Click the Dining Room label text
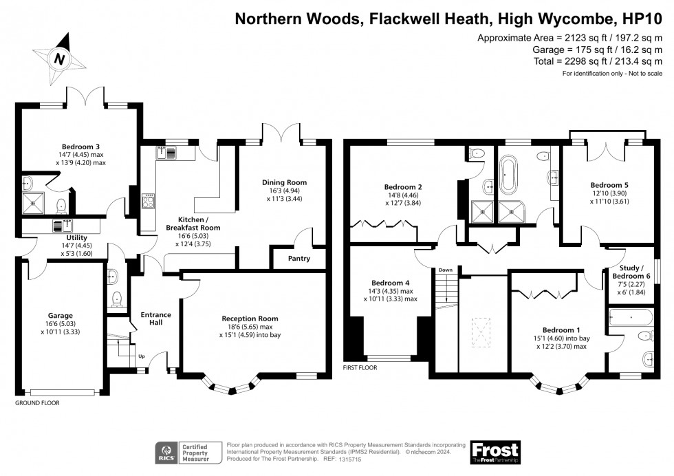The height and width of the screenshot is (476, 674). coord(284,182)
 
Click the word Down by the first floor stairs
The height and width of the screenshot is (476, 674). coord(446,270)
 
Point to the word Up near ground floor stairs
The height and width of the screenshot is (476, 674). coord(142,356)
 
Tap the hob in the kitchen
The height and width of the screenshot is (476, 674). coord(148,201)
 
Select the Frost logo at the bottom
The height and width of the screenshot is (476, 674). coord(494,451)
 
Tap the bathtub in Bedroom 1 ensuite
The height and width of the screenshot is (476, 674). coord(631,318)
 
